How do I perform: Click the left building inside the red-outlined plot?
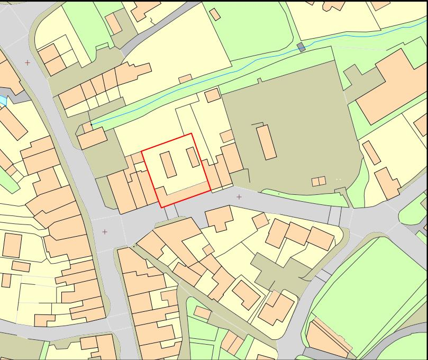click(168, 165)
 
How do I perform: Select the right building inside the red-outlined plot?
click(193, 158)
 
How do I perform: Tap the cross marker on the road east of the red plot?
click(239, 197)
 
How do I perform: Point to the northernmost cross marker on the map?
click(28, 63)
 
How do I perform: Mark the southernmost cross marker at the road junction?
click(105, 232)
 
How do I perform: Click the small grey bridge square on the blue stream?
click(301, 48)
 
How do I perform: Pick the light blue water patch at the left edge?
click(2, 100)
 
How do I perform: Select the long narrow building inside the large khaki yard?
click(267, 141)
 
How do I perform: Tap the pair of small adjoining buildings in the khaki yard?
click(318, 182)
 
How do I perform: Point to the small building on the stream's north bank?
click(185, 79)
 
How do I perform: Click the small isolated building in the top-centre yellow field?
click(215, 14)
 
